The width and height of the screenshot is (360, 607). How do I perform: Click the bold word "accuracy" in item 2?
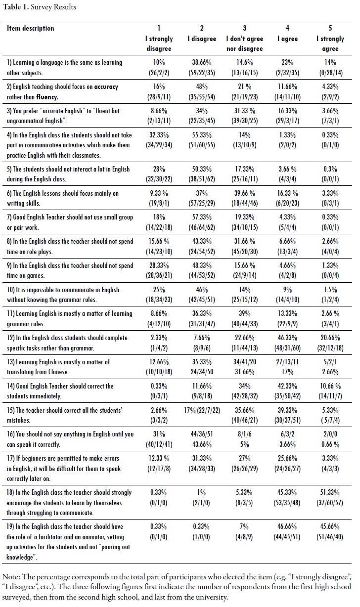[106, 87]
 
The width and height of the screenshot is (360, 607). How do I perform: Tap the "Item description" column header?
[31, 28]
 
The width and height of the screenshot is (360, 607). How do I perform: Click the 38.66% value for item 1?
[202, 63]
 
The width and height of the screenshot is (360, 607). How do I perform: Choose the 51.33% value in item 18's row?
[330, 492]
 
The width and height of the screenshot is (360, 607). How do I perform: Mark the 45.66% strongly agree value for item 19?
[330, 526]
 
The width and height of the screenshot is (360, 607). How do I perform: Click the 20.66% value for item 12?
[330, 338]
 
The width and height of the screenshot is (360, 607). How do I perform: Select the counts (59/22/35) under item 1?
[202, 72]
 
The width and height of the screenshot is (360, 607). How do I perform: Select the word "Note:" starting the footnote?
[11, 578]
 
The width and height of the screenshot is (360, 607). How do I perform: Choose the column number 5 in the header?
[330, 28]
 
